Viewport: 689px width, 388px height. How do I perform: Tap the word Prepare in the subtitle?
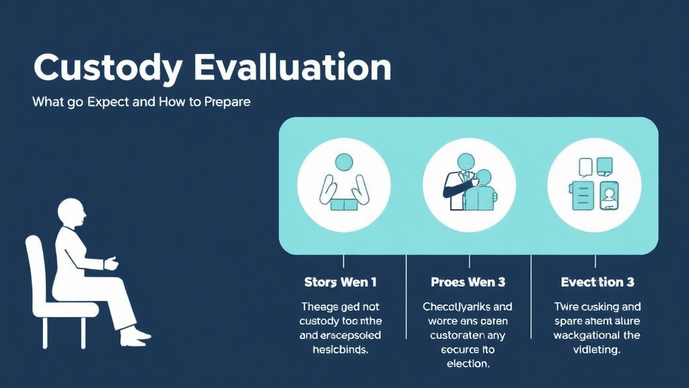coord(227,103)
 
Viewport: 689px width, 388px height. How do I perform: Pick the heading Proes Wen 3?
coord(468,282)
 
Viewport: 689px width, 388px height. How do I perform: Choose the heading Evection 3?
coord(597,282)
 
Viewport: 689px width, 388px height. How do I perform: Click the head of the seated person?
coord(71,214)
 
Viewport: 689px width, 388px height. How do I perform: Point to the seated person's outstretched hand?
coord(110,263)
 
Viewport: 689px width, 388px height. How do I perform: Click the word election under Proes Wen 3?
coord(468,364)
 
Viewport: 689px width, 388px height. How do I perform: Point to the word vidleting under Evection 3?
coord(597,350)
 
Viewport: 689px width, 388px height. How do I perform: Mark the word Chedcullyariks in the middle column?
coord(458,306)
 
